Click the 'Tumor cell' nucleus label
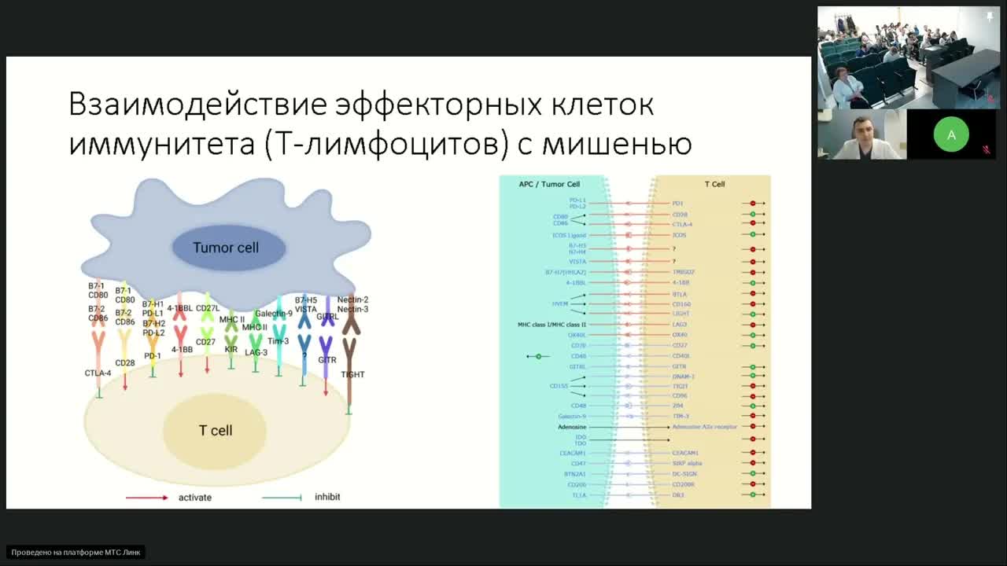click(226, 248)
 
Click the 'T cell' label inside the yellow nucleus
click(215, 431)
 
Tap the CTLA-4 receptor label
click(98, 373)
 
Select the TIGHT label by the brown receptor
click(352, 375)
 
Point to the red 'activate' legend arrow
click(147, 498)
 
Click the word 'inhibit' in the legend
click(327, 498)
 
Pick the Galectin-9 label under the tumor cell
click(273, 314)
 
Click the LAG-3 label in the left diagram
click(256, 353)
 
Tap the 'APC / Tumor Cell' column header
click(549, 184)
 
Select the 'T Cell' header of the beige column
click(714, 184)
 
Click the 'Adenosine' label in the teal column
click(572, 427)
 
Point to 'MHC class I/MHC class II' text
click(551, 324)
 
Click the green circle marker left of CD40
click(538, 356)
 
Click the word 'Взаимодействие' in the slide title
click(197, 105)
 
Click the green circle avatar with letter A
click(951, 135)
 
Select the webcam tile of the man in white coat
click(861, 135)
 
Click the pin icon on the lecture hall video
click(990, 17)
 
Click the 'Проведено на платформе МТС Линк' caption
click(76, 553)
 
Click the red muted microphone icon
click(987, 149)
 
